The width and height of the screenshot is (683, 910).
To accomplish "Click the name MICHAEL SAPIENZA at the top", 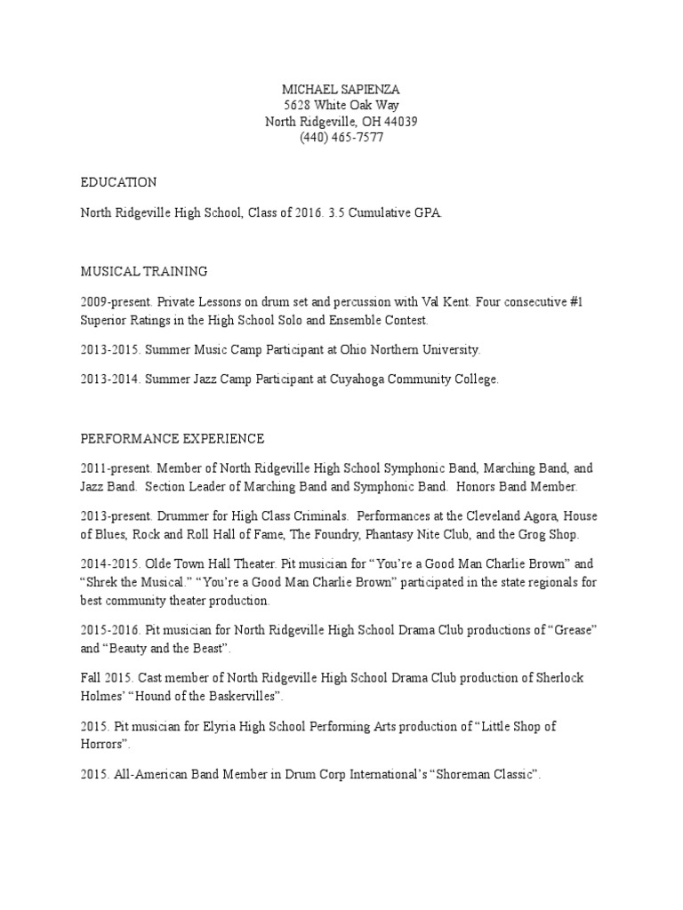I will click(x=341, y=90).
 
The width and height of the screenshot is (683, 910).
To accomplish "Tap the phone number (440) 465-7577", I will click(x=341, y=138).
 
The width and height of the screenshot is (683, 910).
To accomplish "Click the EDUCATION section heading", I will click(x=118, y=182).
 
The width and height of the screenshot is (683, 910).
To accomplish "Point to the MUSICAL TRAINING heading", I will click(x=144, y=270).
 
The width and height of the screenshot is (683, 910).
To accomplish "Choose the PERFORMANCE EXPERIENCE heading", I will click(x=173, y=438).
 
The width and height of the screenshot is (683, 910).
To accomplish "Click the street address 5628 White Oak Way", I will click(x=341, y=106).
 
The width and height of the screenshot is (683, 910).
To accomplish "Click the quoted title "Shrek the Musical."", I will click(x=135, y=582).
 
